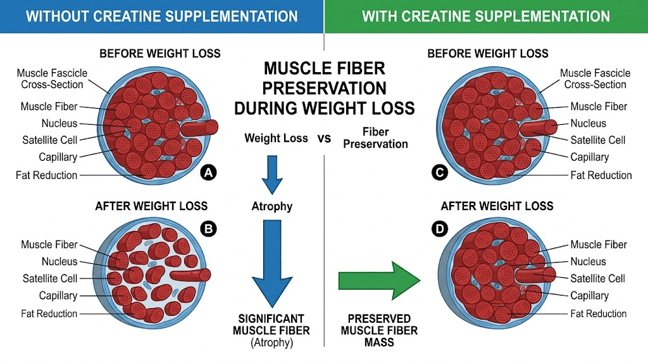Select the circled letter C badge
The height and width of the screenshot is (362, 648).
(x=439, y=172)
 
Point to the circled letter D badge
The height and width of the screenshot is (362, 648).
(x=439, y=230)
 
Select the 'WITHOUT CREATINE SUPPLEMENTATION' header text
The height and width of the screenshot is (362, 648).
(x=161, y=16)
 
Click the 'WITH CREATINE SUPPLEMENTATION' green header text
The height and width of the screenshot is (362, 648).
(x=486, y=16)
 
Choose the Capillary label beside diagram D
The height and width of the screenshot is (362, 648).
(x=589, y=296)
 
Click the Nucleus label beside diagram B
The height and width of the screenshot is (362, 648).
(x=59, y=261)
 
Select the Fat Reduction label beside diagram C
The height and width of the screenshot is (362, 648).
(x=601, y=175)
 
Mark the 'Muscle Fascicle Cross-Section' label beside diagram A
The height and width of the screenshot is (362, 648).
(x=52, y=79)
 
